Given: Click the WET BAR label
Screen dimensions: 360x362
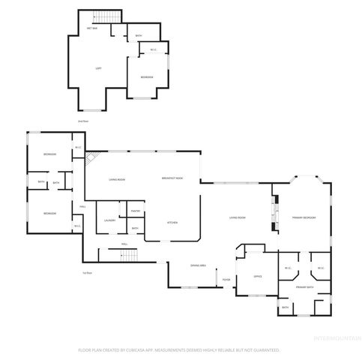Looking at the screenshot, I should coord(92,28).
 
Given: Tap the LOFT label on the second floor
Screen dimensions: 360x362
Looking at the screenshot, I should coord(98,68).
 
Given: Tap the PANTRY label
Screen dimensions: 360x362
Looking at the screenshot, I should coord(135,211).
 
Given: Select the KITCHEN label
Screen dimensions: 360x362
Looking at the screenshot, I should coord(171,223).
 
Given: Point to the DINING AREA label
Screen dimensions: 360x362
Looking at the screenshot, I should coord(198,265).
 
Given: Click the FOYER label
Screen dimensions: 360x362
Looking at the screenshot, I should coord(226,280).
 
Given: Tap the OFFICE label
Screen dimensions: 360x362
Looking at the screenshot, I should coord(256,277).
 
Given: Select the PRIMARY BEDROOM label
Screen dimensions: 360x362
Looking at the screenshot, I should coord(304,217).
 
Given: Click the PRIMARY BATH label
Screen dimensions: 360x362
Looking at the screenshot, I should coord(304,287).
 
